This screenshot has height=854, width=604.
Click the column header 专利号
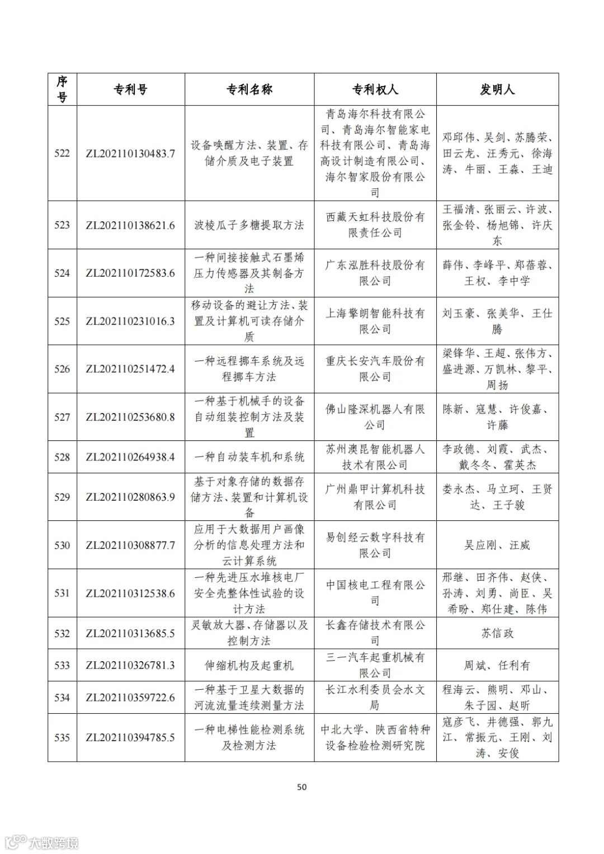tap(130, 89)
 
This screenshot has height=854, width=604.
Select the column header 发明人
tap(497, 89)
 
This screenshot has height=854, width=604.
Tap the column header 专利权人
tap(375, 89)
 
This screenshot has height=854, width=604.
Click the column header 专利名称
tap(249, 89)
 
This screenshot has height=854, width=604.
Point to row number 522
tap(62, 153)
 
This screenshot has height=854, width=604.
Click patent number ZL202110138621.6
tap(130, 225)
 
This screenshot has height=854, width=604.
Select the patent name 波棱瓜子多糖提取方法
tap(249, 225)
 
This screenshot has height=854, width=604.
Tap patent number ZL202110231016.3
tap(130, 321)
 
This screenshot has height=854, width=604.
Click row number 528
tap(62, 457)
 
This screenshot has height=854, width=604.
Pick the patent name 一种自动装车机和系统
tap(249, 457)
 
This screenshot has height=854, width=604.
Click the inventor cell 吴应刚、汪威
tap(497, 545)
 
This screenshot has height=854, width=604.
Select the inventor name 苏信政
tap(497, 633)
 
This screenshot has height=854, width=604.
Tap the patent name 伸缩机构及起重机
tap(249, 666)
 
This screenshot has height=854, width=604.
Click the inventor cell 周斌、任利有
tap(497, 666)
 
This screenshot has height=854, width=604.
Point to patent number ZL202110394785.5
tap(130, 738)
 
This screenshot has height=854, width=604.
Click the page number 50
tap(302, 787)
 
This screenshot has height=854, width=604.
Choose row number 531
tap(62, 593)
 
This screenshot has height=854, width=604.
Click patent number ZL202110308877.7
tap(130, 545)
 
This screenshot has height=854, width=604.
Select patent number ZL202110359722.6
tap(130, 698)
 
